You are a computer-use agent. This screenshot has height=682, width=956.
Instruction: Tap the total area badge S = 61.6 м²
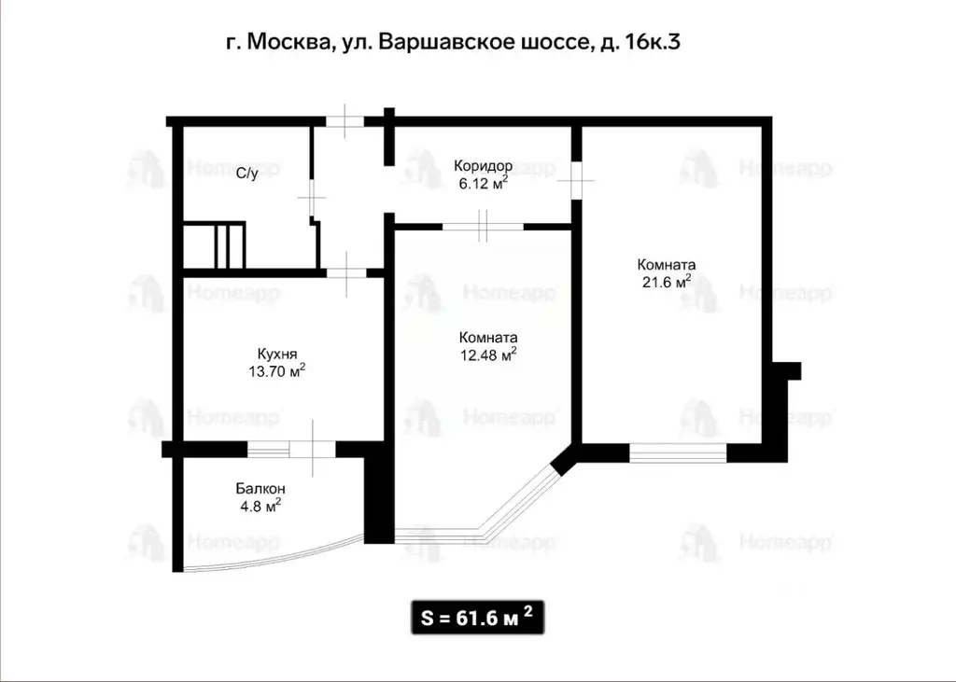(477, 618)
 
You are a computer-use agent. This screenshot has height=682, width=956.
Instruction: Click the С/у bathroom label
(246, 173)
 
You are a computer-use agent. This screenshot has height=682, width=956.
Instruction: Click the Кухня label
(277, 354)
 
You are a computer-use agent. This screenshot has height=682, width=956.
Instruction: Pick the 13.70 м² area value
(277, 371)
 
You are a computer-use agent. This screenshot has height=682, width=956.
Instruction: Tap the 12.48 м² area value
(488, 355)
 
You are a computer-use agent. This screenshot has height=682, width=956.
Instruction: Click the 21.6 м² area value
(666, 281)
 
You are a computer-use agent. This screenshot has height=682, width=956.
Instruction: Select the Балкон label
(260, 489)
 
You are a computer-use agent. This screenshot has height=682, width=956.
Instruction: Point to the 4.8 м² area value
(260, 507)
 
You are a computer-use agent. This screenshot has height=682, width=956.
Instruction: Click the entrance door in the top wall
(344, 120)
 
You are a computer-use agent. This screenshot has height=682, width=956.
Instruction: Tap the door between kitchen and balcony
(312, 449)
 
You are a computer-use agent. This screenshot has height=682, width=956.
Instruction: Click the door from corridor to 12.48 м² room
(483, 226)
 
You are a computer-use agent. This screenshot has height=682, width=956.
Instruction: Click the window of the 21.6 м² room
(677, 453)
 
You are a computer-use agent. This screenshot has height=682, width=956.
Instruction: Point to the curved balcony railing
(271, 562)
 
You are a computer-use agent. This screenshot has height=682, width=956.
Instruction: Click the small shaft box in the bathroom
(215, 244)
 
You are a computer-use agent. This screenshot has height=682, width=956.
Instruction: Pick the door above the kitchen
(344, 272)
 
